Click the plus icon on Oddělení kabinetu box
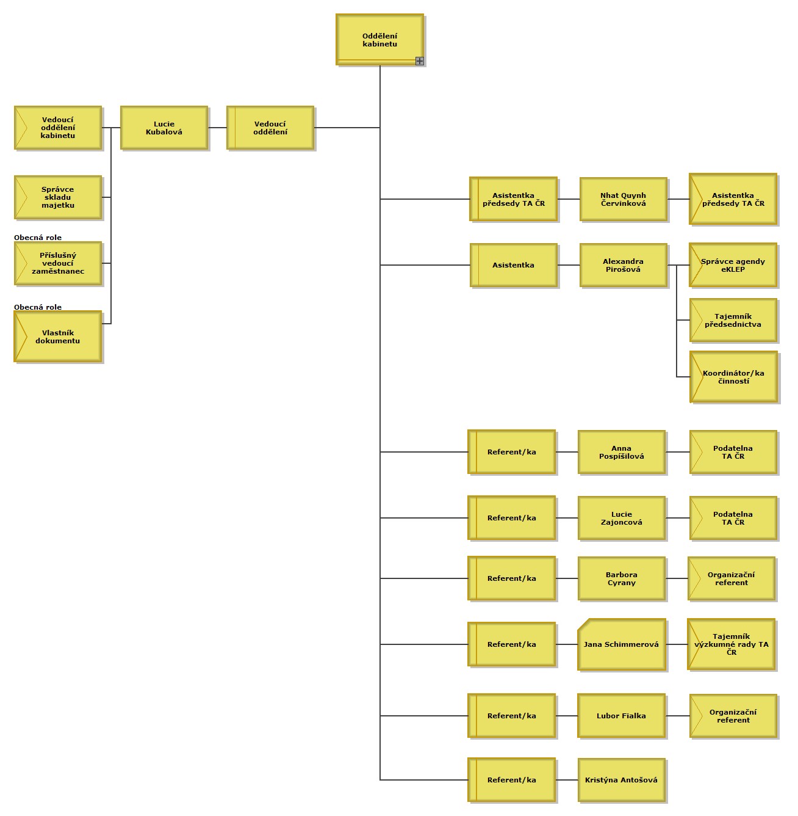click(419, 61)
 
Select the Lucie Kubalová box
click(164, 128)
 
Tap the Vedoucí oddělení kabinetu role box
click(58, 128)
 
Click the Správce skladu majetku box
click(58, 197)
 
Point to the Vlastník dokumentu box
click(58, 337)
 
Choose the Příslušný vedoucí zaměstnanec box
click(58, 263)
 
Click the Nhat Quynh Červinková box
click(623, 199)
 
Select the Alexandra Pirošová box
click(623, 265)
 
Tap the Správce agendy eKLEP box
click(733, 265)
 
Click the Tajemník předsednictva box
click(733, 320)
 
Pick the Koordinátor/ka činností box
click(733, 377)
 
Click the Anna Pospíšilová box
click(621, 452)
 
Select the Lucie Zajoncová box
click(621, 518)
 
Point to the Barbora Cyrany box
click(621, 578)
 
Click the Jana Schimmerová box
click(621, 644)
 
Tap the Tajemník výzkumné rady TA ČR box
click(731, 644)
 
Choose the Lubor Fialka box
click(621, 716)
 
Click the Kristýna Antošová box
click(621, 780)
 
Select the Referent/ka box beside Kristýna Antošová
click(511, 780)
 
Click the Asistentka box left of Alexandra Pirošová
click(513, 265)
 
